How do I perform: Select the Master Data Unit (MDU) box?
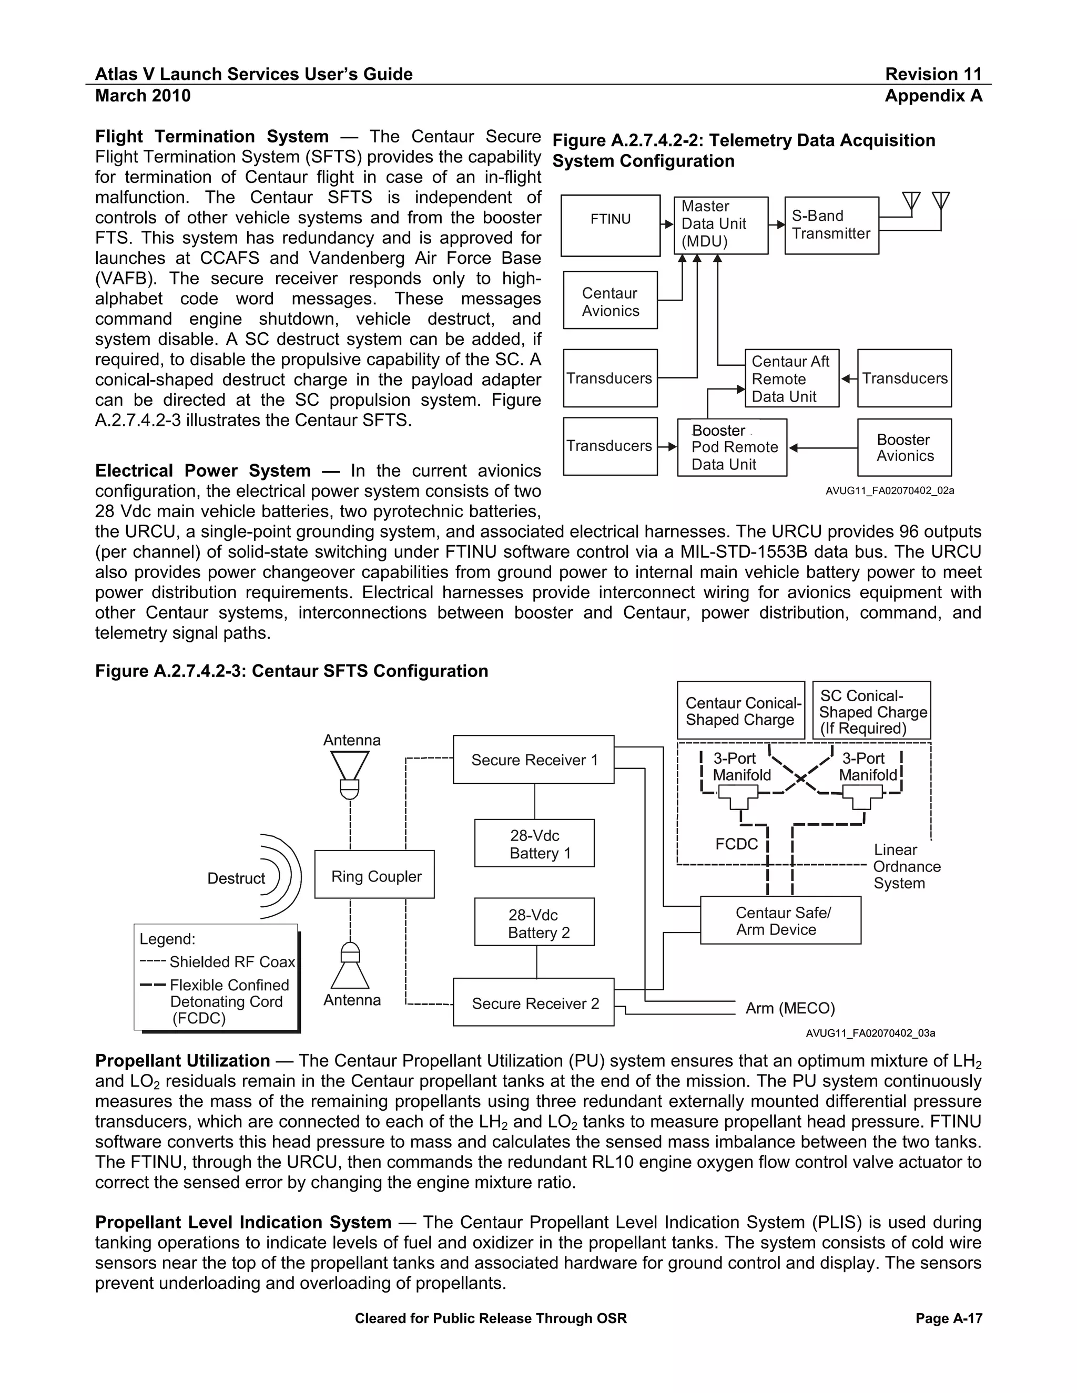pos(720,225)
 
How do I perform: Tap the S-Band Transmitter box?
pos(831,225)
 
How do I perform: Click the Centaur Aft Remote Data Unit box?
pos(791,378)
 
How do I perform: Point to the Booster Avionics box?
pos(904,447)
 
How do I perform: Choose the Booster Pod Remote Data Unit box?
pos(732,447)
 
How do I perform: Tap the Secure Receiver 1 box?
pos(533,759)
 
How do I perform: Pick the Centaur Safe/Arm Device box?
pos(780,920)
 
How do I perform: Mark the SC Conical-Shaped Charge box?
pos(871,711)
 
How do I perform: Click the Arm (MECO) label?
pos(790,1008)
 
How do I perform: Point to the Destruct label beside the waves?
pos(236,878)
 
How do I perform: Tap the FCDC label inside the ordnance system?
pos(736,844)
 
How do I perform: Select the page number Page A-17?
pos(948,1318)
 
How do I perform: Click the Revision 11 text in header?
pos(933,74)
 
